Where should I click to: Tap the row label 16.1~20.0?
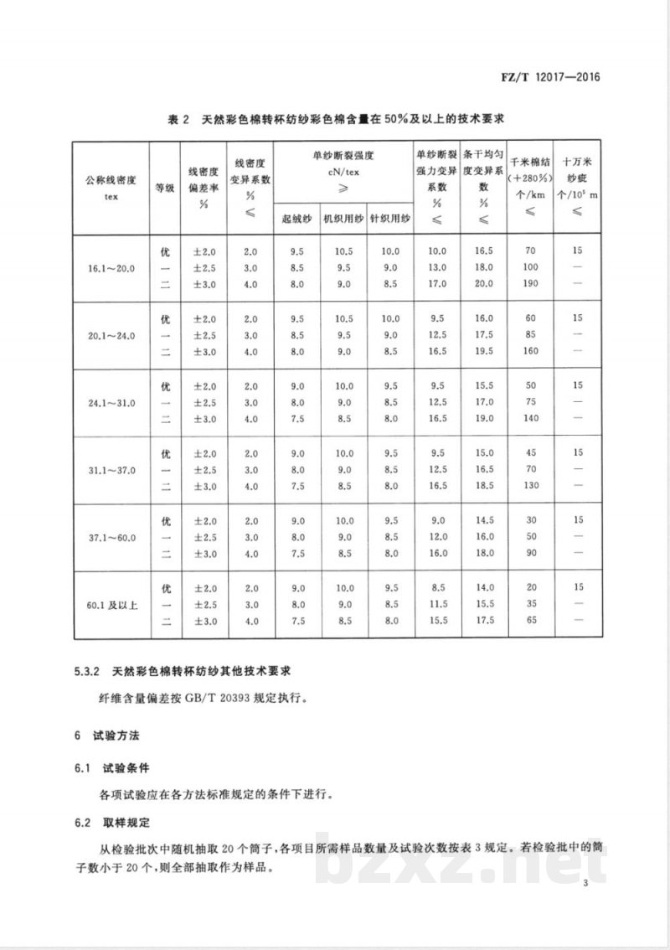click(111, 267)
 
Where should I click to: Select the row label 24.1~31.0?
click(111, 403)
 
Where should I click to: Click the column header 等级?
click(165, 188)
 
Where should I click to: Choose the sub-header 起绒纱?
click(294, 219)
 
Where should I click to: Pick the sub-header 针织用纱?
click(389, 219)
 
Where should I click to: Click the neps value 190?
click(528, 284)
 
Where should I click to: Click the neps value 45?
click(528, 453)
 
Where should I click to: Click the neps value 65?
click(528, 621)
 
